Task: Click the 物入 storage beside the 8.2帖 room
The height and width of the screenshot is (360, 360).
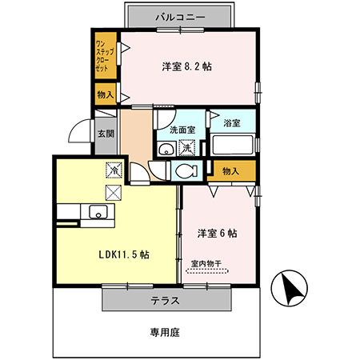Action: point(105,95)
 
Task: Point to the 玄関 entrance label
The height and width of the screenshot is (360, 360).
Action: point(106,135)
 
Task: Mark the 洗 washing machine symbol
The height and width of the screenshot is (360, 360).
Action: point(185,148)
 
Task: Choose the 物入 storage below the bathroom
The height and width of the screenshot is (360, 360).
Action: point(230,170)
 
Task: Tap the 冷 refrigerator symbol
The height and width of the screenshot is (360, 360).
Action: point(114,170)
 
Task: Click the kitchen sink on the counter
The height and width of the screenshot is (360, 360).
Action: point(98,212)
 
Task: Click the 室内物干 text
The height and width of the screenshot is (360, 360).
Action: point(207,262)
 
